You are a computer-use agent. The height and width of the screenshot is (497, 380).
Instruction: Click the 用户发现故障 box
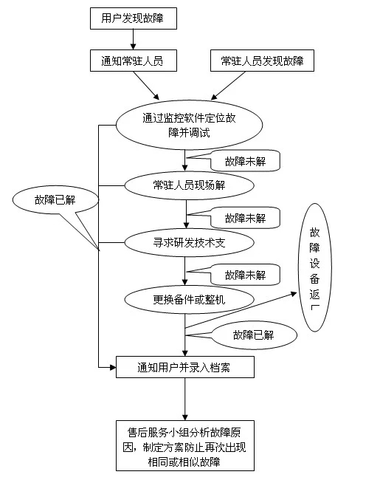click(134, 18)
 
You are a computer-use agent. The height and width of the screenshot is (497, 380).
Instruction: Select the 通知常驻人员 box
click(134, 61)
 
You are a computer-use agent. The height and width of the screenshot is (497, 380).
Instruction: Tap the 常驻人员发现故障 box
click(262, 61)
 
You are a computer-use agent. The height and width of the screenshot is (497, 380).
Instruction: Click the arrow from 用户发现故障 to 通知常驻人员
click(133, 40)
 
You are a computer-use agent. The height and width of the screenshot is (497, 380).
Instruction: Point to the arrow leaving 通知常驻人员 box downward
click(146, 86)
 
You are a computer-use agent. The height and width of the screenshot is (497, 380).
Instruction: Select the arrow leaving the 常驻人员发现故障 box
click(228, 86)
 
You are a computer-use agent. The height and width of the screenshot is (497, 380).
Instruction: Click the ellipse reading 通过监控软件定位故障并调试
click(189, 125)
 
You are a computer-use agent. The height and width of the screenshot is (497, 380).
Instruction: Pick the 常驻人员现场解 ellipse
click(189, 185)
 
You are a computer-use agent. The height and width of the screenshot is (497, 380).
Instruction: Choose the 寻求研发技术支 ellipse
click(189, 243)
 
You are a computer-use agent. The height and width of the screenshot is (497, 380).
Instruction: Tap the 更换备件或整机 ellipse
click(189, 300)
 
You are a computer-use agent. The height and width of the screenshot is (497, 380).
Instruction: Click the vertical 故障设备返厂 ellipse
click(315, 267)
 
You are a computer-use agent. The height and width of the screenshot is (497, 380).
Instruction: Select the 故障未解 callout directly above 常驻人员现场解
click(246, 161)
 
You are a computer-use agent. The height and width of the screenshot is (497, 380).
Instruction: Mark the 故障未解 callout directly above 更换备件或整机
click(246, 275)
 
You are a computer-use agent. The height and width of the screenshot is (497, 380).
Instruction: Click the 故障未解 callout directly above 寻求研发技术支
click(246, 218)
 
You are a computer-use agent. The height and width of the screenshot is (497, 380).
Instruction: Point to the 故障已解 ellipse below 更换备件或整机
click(253, 335)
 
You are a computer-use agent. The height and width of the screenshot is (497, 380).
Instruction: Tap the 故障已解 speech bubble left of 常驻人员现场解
click(55, 200)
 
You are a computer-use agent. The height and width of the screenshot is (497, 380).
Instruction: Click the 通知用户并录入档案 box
click(185, 367)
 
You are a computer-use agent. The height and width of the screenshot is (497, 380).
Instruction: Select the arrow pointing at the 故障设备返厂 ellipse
click(241, 310)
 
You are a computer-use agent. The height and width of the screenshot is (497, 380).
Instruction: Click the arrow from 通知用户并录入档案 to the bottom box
click(185, 399)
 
